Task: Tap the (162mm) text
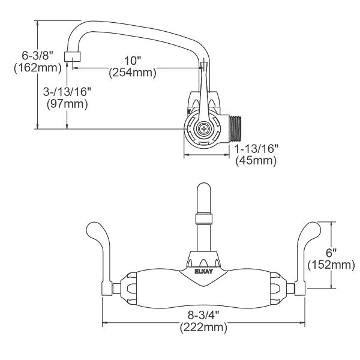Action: click(x=37, y=68)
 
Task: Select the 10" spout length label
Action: click(x=132, y=61)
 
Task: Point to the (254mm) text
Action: click(x=132, y=73)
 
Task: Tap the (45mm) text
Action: click(x=255, y=161)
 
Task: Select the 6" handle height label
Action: click(x=330, y=252)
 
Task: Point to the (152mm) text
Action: click(x=331, y=264)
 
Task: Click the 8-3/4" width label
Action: click(x=202, y=314)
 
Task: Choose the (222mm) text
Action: click(x=202, y=327)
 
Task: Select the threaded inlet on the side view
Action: click(x=238, y=127)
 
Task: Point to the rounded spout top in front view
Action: click(x=202, y=195)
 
